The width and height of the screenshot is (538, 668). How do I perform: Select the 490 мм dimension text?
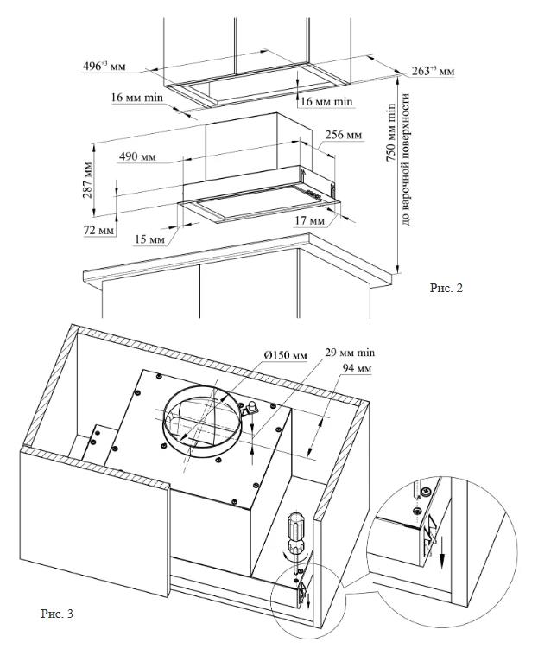136,156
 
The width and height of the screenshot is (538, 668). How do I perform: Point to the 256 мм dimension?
343,136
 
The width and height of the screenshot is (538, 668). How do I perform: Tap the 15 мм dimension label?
150,238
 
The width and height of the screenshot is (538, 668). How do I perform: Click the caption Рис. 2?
446,288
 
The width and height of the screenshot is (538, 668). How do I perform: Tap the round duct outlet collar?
200,421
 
